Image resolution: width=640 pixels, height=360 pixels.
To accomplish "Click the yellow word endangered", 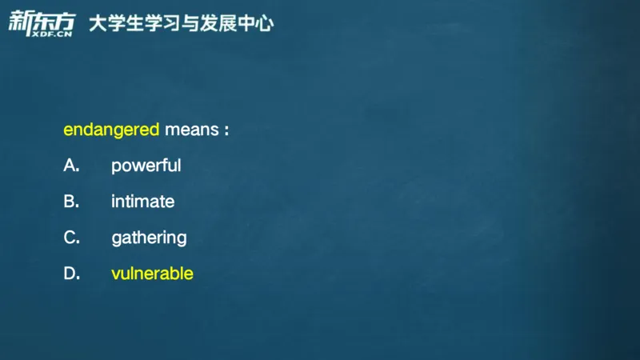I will pos(111,130).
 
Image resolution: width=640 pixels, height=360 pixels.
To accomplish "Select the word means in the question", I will pos(191,130).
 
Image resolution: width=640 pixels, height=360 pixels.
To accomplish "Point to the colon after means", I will pos(226,130).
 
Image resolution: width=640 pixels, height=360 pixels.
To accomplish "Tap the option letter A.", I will pos(70,166).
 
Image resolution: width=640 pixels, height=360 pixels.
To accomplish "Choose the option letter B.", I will pos(70,202).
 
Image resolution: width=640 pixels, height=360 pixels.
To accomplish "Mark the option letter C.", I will pos(70,238).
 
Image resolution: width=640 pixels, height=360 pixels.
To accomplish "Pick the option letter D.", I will pos(70,274).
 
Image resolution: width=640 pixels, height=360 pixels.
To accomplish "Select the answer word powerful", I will pos(146,166).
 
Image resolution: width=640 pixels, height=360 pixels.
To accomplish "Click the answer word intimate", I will pos(142,202).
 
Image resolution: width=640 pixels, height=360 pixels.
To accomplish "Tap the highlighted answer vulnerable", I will pos(152,274).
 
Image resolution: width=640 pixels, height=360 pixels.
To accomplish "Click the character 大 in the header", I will pos(98,24).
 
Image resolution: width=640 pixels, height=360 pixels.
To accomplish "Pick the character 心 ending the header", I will pos(264,24).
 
